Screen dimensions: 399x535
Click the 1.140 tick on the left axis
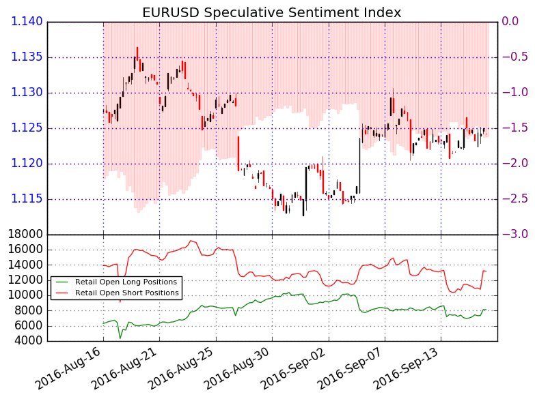26,22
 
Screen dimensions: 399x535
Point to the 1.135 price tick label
26,57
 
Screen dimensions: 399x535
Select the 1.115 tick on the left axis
26,199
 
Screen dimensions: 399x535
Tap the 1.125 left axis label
26,128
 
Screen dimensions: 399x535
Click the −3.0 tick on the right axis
514,235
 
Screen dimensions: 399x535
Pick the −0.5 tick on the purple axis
514,57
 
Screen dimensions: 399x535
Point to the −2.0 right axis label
514,164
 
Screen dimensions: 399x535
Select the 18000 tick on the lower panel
23,235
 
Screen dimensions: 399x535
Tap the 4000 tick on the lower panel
27,340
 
